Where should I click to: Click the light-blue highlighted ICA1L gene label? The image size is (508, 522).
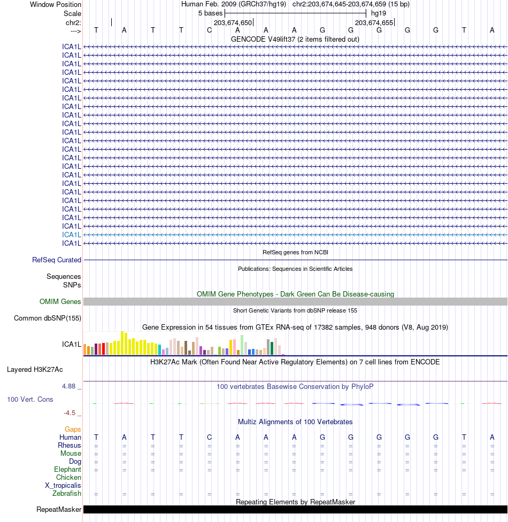[72, 235]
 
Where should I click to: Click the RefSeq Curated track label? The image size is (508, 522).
[57, 260]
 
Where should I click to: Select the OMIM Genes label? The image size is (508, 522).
[60, 302]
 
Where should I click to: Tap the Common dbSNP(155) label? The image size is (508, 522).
[48, 318]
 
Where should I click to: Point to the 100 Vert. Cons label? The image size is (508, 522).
[30, 399]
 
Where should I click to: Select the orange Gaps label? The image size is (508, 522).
[73, 429]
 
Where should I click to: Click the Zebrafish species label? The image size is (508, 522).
[67, 494]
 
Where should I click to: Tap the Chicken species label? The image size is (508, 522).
[68, 478]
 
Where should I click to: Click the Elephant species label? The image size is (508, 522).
[68, 470]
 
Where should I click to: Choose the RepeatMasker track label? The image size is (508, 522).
[59, 510]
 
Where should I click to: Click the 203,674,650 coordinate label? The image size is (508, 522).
[233, 22]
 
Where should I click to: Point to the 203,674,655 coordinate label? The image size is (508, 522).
[374, 22]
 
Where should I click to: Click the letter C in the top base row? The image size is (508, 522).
[210, 30]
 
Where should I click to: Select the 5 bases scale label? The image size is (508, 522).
[210, 13]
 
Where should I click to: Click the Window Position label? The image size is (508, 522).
[56, 4]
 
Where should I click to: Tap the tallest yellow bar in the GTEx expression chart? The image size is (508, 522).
[123, 342]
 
